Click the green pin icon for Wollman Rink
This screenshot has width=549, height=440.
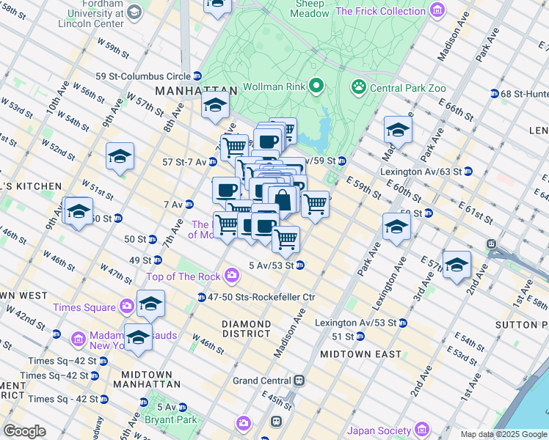316,87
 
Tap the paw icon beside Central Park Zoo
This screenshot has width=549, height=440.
359,88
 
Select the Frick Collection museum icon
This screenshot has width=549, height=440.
437,11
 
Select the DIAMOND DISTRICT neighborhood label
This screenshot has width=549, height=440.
247,329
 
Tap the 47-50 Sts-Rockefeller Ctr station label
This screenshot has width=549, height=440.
261,297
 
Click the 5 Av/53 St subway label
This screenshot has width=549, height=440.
271,265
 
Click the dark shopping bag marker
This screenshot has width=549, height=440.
282,199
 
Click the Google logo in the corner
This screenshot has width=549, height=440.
24,431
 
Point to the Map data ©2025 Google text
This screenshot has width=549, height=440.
503,434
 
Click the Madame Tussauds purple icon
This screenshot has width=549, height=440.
79,340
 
